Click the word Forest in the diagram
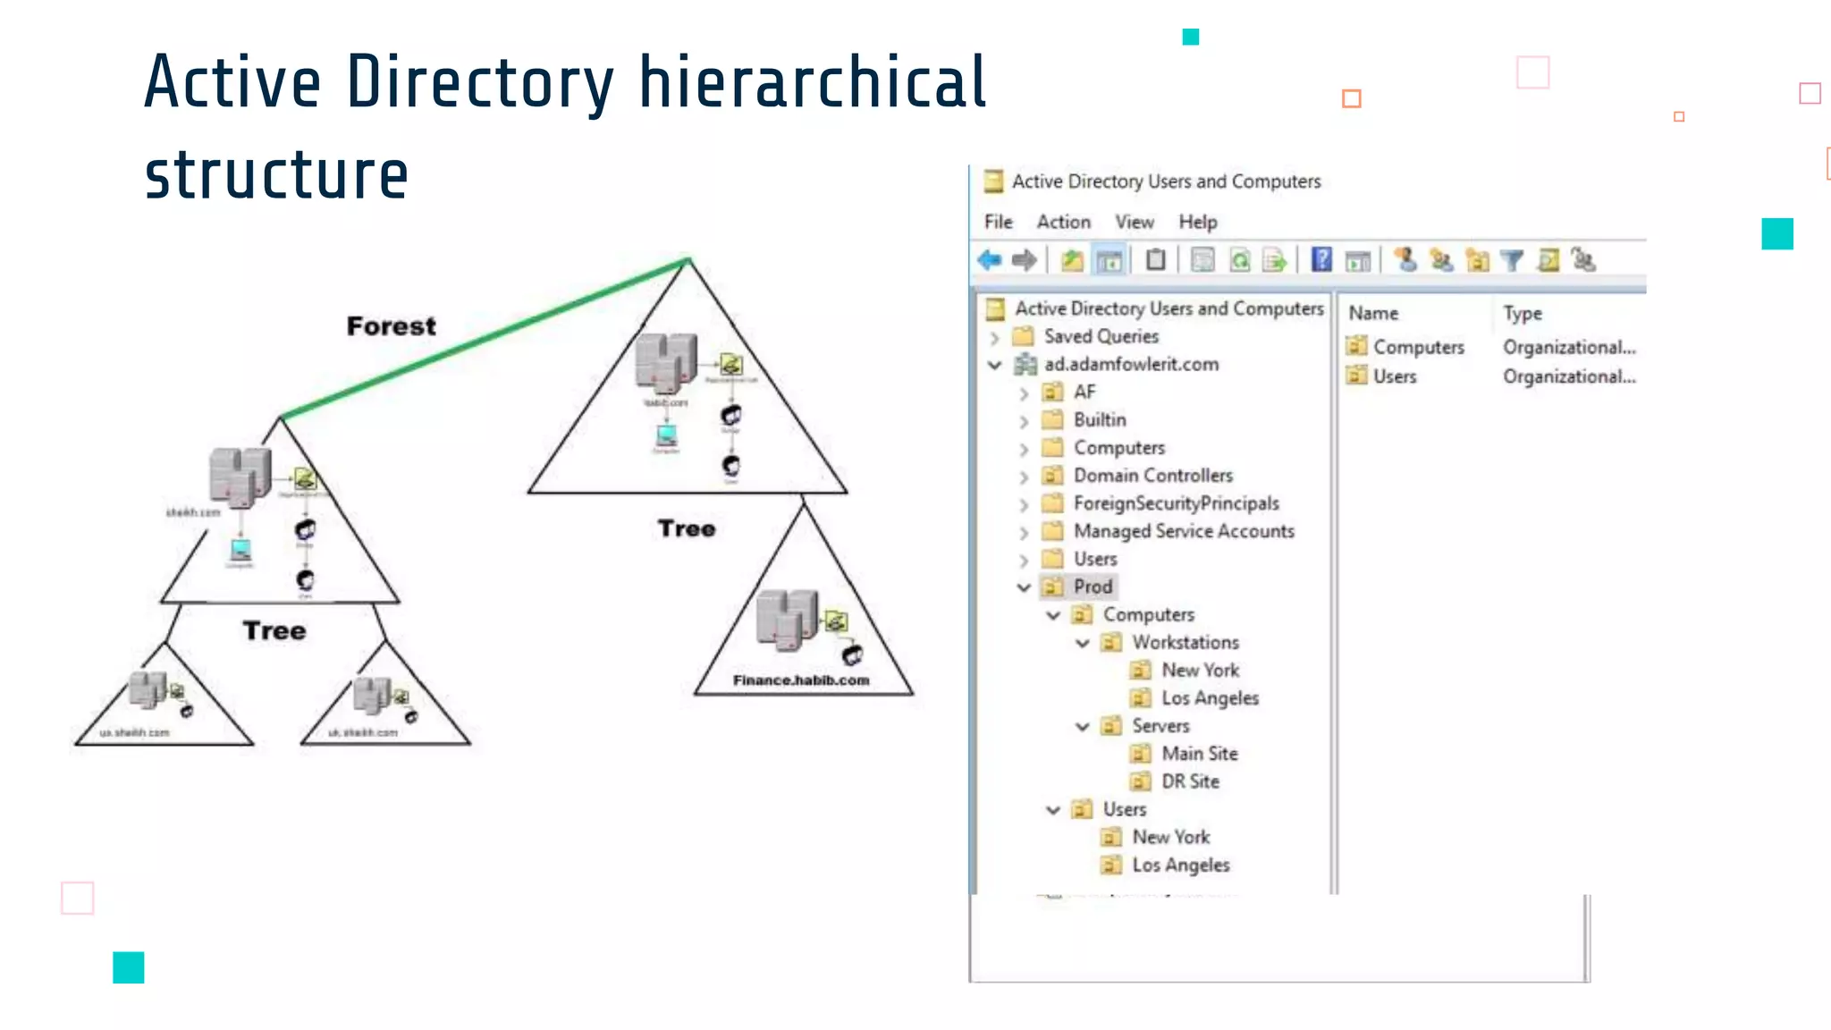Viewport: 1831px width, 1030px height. click(391, 326)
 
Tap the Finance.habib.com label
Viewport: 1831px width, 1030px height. click(801, 680)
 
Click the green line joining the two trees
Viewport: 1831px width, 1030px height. click(483, 338)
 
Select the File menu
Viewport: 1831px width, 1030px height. click(998, 222)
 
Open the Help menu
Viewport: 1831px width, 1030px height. click(1197, 222)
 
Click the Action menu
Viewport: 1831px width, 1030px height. click(1063, 222)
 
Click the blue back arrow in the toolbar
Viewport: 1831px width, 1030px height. click(989, 260)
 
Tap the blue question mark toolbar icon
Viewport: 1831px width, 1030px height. click(1321, 260)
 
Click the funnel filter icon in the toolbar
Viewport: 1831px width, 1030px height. click(1511, 260)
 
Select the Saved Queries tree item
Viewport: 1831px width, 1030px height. click(1101, 337)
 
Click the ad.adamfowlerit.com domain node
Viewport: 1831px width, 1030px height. click(1131, 365)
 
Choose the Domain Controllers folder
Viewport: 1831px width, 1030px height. click(1152, 476)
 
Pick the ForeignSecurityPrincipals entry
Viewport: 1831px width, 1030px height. click(1176, 503)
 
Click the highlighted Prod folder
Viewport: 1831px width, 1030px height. click(1093, 587)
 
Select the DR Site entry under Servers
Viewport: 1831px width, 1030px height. click(1190, 781)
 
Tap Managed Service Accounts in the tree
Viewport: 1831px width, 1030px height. click(1184, 531)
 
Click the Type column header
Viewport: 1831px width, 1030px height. click(1522, 314)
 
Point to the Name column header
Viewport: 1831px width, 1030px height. click(1373, 314)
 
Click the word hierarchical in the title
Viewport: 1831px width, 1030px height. click(812, 82)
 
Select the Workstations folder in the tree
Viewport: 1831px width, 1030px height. click(1186, 643)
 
